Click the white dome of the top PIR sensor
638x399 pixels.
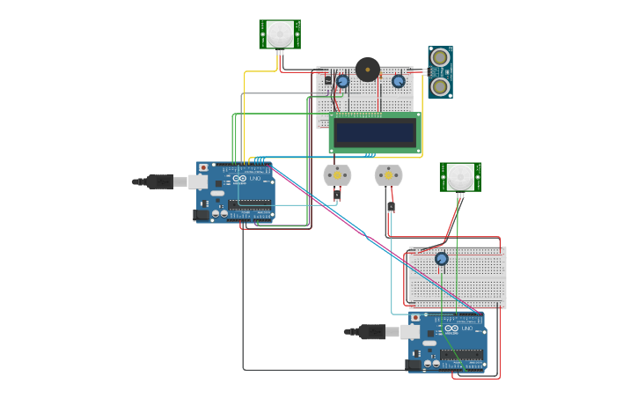coord(280,34)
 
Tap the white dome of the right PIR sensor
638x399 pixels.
coord(459,177)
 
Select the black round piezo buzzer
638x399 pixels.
coord(368,69)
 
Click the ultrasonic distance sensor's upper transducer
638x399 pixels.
coord(440,58)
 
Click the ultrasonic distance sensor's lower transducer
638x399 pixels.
coord(440,85)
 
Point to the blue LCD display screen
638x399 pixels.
coord(375,132)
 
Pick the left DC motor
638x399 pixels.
coord(337,175)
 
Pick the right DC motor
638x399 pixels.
coord(388,175)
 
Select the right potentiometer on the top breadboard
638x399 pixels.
coord(398,81)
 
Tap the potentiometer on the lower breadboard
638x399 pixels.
coord(441,258)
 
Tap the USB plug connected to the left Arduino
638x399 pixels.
coord(162,181)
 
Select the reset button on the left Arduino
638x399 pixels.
coord(203,166)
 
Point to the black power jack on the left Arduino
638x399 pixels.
coord(202,213)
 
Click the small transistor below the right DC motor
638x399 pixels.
coord(390,207)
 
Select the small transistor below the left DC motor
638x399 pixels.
coord(337,194)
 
